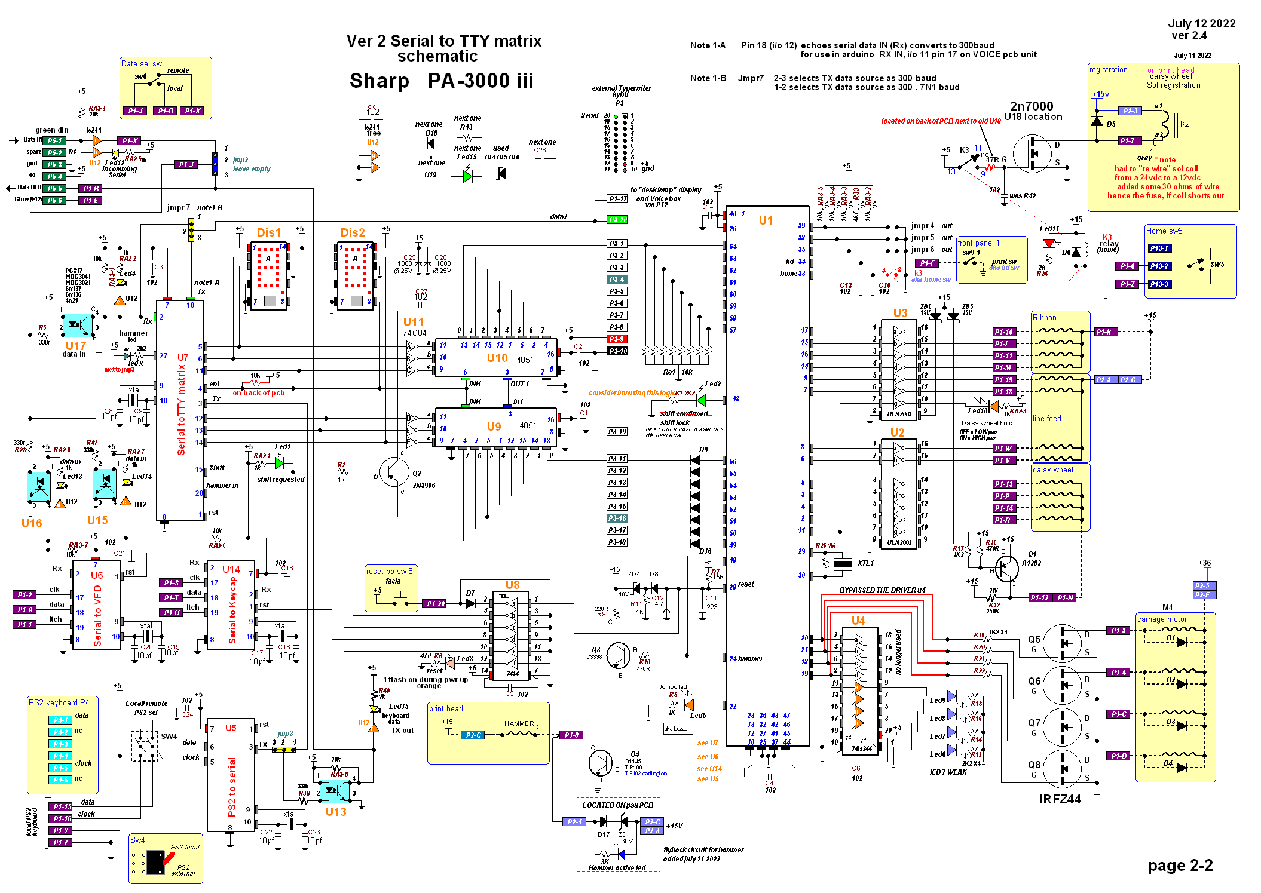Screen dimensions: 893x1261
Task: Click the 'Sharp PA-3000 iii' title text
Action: [441, 81]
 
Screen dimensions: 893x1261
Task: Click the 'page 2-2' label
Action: [1180, 866]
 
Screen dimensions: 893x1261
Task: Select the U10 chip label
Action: [497, 358]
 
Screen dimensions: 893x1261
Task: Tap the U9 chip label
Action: [494, 426]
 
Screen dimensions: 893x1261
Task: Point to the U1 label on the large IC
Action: [766, 220]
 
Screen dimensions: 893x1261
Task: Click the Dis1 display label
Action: [268, 232]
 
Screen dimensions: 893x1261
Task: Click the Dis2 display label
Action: [353, 232]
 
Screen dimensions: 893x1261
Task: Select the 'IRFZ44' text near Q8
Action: [1060, 799]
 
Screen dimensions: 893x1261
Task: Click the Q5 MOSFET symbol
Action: [1063, 643]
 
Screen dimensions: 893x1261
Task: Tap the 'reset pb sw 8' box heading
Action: [389, 571]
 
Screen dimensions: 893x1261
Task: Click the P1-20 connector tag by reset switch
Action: [436, 603]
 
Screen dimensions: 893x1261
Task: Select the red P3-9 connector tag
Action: [617, 339]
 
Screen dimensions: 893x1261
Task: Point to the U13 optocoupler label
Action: [336, 812]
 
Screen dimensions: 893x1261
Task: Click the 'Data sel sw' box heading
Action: [142, 63]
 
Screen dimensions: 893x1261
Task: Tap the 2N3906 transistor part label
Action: [424, 486]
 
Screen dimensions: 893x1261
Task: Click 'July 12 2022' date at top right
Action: [1201, 23]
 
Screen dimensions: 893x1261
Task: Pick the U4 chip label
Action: [858, 621]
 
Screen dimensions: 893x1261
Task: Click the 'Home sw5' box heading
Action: [1164, 231]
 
